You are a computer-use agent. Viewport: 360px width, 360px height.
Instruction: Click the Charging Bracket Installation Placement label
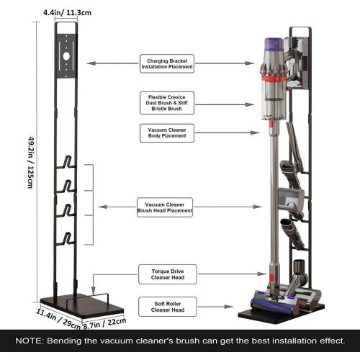pyautogui.click(x=167, y=64)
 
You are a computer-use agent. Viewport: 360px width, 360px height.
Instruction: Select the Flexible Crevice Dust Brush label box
pyautogui.click(x=167, y=102)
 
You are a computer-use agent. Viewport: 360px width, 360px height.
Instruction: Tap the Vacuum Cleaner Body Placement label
pyautogui.click(x=167, y=133)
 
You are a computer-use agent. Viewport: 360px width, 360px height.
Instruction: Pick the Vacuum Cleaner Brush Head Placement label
pyautogui.click(x=166, y=207)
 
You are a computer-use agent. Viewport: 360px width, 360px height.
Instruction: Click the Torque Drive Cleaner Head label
pyautogui.click(x=167, y=274)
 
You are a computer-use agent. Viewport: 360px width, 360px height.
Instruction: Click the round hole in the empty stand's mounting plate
pyautogui.click(x=66, y=55)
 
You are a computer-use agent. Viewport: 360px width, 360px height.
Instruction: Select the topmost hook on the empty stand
pyautogui.click(x=66, y=163)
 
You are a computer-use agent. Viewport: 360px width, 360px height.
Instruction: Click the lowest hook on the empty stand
pyautogui.click(x=66, y=238)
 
